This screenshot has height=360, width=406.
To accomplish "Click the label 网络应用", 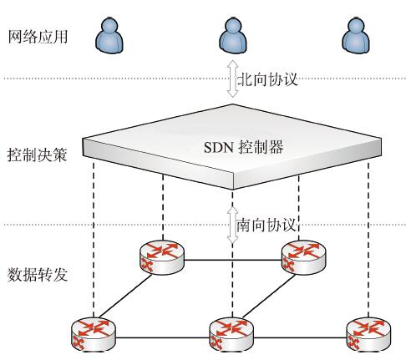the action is click(x=38, y=37).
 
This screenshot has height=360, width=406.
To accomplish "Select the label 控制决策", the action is click(x=38, y=155).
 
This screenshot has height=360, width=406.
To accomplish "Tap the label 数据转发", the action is click(x=38, y=275).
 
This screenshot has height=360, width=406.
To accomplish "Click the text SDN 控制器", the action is click(x=243, y=147).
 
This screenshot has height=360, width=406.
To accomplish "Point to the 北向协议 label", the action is click(x=267, y=79).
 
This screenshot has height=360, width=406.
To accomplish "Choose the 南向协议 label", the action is click(x=266, y=225).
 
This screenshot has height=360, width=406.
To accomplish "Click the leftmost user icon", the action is click(x=109, y=35).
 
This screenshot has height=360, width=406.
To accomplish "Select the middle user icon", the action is click(x=233, y=35).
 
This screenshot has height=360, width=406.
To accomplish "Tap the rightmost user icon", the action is click(x=356, y=35).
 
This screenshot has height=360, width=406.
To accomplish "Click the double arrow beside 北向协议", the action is click(x=232, y=79).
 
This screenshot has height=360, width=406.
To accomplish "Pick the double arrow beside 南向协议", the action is click(x=232, y=225).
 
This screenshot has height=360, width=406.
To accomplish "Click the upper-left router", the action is click(x=162, y=257).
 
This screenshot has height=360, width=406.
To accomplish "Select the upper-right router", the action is click(x=304, y=257).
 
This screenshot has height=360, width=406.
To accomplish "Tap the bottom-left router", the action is click(x=94, y=334).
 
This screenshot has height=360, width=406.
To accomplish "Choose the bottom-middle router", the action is click(x=231, y=334).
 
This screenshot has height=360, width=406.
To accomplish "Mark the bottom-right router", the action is click(x=368, y=334).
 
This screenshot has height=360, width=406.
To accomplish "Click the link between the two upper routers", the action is click(x=233, y=261).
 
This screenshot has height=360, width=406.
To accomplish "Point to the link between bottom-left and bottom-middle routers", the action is click(x=162, y=338).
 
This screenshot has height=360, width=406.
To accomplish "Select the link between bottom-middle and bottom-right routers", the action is click(x=300, y=338).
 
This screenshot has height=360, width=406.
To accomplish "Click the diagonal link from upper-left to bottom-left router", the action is click(x=125, y=296).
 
